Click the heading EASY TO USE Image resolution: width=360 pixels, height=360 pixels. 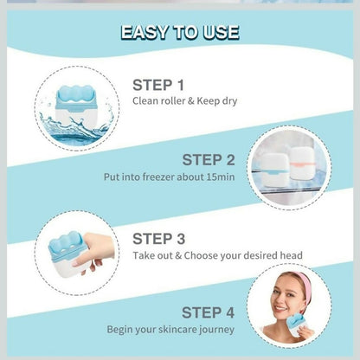pos(180,32)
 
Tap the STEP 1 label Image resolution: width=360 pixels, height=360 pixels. pos(158,85)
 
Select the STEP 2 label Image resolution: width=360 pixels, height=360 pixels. pos(209,160)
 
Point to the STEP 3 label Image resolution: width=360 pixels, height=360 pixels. pos(158,239)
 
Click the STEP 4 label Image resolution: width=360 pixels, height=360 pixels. pos(208,312)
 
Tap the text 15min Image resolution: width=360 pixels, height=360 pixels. pos(221,177)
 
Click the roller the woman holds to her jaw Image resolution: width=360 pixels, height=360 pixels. pos(299,325)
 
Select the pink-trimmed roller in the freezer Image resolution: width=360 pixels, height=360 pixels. pos(302,163)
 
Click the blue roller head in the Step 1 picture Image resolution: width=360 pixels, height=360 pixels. pos(74,94)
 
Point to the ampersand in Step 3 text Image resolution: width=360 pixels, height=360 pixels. pos(178,255)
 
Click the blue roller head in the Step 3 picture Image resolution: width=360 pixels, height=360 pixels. pos(66,244)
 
